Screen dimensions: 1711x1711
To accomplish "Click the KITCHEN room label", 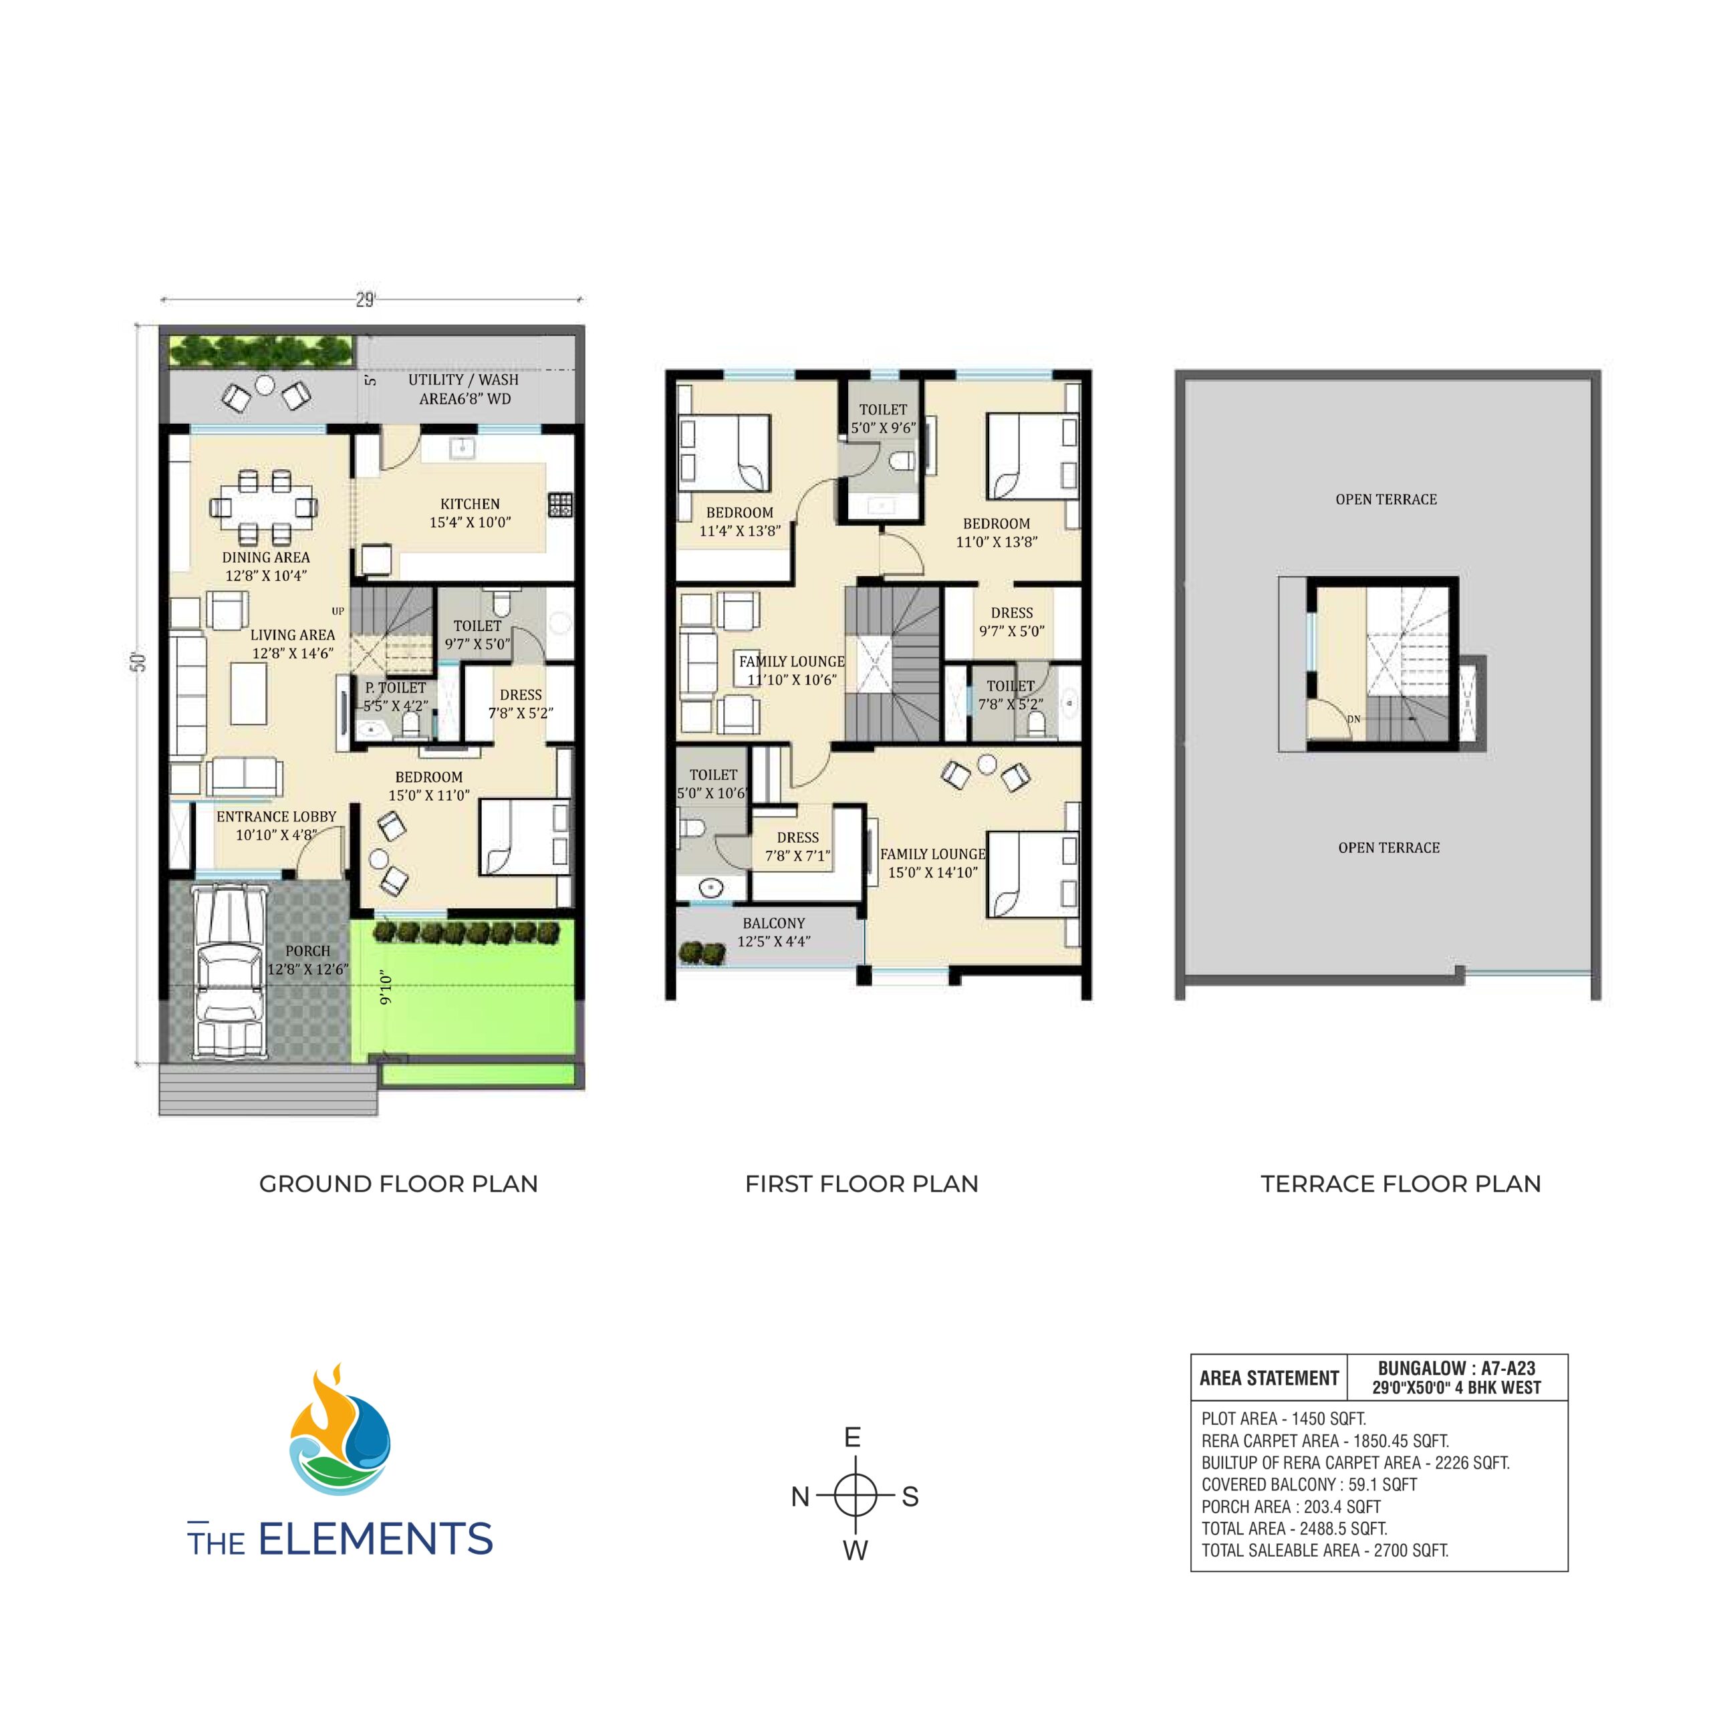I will point(471,504).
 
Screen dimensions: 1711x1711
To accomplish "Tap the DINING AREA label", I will point(266,557).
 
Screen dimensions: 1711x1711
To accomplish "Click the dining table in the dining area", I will point(264,507).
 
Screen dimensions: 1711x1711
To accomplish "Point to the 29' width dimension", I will point(365,300).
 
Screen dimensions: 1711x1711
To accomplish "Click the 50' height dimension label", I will point(140,662).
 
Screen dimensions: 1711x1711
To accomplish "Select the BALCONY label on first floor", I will point(774,923).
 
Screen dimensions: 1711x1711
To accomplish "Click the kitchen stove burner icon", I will point(559,505).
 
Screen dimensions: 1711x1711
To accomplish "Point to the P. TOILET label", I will point(396,687).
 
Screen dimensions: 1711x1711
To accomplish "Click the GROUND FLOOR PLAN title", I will point(398,1184).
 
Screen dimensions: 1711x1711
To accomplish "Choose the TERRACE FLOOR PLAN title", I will point(1401,1184).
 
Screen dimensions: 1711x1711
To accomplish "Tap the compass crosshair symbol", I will point(855,1496).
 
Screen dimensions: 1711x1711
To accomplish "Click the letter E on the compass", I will point(853,1438).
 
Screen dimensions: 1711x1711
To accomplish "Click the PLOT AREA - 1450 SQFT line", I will point(1283,1418).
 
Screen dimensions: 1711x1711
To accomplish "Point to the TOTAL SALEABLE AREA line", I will point(1325,1551).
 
